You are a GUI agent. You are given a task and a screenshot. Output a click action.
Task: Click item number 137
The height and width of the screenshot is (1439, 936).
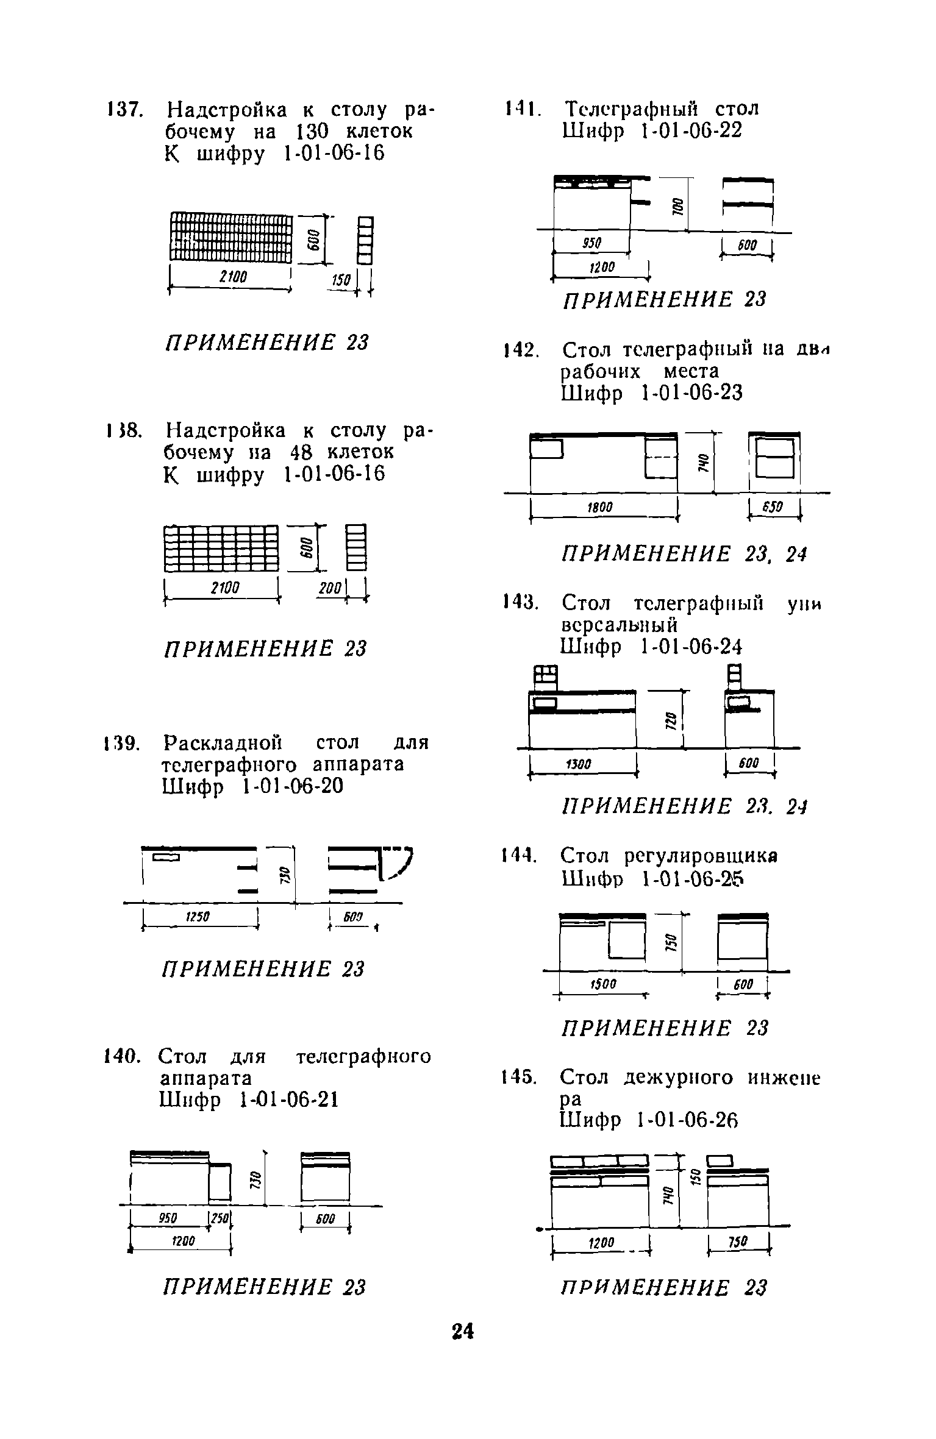click(x=124, y=110)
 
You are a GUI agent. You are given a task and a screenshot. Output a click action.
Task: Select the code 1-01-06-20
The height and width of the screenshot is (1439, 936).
click(x=293, y=787)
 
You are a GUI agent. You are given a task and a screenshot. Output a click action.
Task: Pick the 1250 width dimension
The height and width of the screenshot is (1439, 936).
click(x=195, y=916)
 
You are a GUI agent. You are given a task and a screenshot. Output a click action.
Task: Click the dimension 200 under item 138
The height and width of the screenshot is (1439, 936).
click(x=329, y=588)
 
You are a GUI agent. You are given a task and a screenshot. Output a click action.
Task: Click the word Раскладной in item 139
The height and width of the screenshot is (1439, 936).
click(x=223, y=744)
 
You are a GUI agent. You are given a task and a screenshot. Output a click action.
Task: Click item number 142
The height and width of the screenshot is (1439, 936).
click(x=520, y=351)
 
